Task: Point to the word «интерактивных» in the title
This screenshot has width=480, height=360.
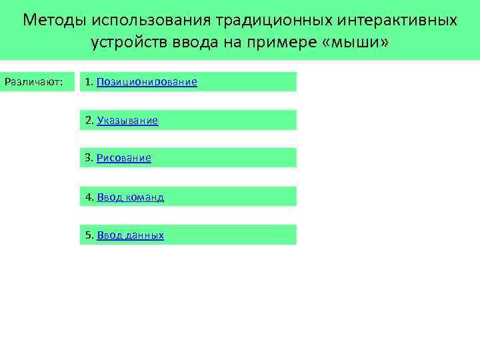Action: (x=395, y=20)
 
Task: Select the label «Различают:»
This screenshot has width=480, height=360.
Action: (x=33, y=82)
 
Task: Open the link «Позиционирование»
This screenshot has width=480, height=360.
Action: (x=147, y=82)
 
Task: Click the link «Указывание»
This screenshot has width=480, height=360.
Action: (x=127, y=121)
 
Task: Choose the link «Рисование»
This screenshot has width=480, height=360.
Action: (x=124, y=158)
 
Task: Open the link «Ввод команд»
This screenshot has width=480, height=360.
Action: (x=130, y=197)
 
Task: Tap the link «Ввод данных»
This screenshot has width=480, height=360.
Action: (x=130, y=235)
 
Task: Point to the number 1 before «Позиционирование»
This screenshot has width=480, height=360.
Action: (x=88, y=82)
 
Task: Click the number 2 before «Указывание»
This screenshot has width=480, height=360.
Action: (x=88, y=121)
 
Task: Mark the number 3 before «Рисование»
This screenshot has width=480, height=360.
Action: (x=88, y=158)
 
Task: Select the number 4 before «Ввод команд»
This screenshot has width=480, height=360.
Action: (x=88, y=197)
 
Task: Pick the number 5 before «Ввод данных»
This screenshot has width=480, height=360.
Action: (x=88, y=235)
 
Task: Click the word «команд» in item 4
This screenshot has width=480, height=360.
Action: (x=145, y=197)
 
